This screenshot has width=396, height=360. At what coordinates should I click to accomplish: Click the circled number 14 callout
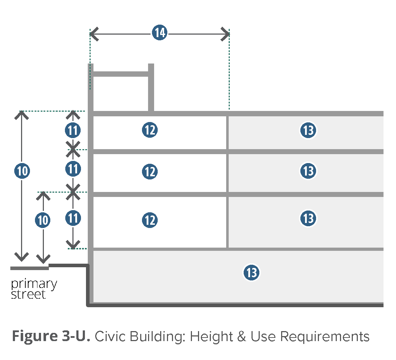159,34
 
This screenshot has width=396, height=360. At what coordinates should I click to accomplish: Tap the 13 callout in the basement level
252,273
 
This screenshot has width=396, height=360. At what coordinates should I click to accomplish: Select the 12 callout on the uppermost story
150,130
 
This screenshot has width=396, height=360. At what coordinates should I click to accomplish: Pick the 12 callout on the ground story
150,220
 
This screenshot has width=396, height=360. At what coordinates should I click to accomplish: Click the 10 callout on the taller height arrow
22,171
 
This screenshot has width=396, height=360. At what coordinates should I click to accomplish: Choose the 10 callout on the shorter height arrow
43,220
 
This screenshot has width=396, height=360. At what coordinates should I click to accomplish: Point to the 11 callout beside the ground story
73,218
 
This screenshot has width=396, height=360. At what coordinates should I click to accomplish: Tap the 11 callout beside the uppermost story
73,131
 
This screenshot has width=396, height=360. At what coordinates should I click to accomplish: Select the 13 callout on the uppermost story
308,130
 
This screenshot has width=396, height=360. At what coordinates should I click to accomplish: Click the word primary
34,284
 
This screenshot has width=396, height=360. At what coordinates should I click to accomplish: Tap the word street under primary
29,295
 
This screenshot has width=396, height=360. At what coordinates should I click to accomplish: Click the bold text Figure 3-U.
51,336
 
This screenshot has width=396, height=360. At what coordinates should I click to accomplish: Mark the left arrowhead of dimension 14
93,34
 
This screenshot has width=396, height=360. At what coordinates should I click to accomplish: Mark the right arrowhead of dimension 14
225,34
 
